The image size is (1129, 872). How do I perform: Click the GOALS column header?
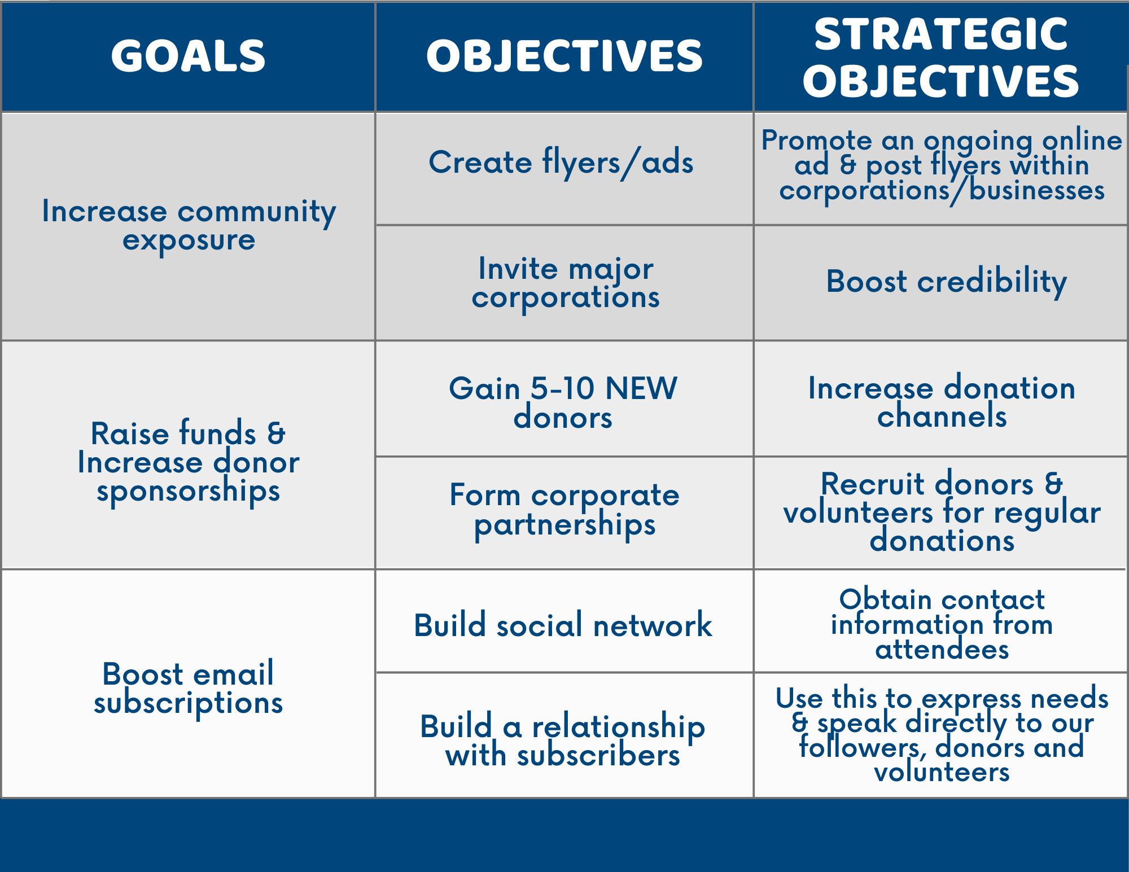188,56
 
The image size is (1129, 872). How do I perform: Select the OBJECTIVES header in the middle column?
564,56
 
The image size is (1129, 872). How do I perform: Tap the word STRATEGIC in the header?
941,34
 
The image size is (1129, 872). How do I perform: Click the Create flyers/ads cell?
561,163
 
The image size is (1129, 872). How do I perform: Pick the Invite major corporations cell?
566,283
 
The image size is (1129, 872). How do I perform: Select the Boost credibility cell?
947,281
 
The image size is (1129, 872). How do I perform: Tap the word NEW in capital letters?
641,388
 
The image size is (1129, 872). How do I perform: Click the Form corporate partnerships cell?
564,510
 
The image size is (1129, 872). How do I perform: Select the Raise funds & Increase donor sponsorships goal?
189,462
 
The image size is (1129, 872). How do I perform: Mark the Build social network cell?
563,625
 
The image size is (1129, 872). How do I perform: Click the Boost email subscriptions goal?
189,688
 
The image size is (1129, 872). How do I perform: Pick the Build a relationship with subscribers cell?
563,740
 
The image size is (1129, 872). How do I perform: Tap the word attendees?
942,650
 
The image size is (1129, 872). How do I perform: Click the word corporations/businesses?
942,190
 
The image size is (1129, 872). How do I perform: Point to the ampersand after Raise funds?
276,433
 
